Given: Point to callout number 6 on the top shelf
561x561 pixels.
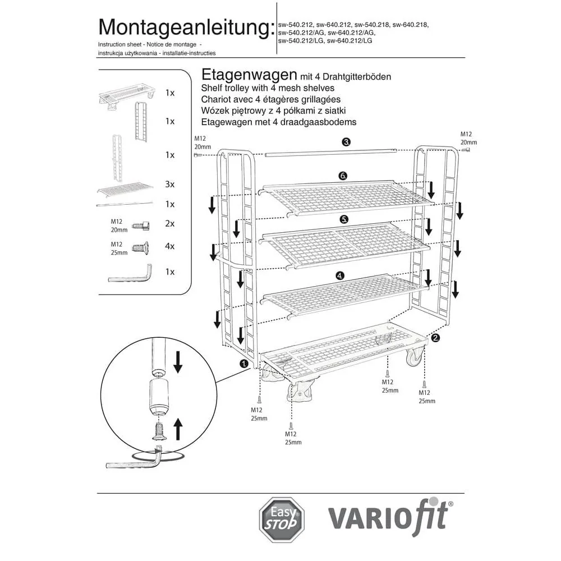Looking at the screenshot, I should (x=343, y=176).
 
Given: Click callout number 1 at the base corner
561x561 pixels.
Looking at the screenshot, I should (x=244, y=364).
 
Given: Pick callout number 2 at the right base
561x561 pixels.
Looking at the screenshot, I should (x=435, y=338).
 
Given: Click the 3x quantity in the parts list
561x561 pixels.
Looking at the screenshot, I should (x=170, y=184).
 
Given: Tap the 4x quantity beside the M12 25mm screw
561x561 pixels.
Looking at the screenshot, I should (x=170, y=246).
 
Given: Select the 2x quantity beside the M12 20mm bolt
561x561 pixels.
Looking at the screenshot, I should (x=170, y=223).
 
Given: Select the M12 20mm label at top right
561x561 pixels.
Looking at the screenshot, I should (x=468, y=139).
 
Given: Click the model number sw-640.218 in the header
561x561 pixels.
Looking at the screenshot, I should (x=410, y=25).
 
